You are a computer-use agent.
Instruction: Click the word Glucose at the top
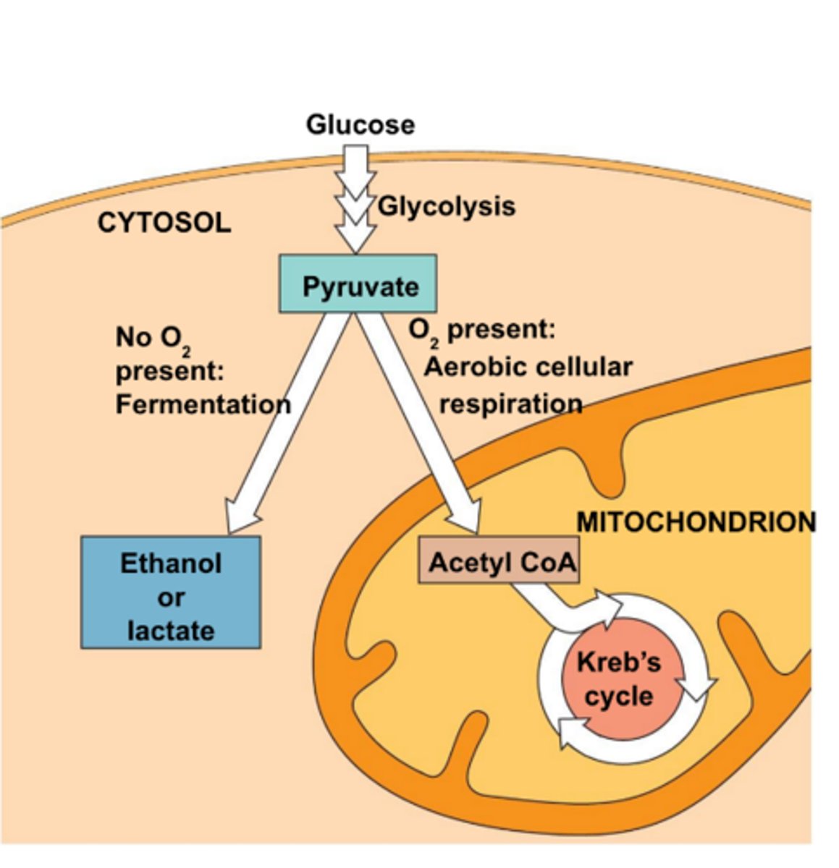pos(360,124)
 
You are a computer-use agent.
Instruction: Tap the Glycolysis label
pos(446,206)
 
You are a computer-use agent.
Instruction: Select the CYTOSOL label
pos(164,222)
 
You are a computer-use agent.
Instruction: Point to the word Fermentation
pos(203,404)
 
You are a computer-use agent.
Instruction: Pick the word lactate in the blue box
pos(171,630)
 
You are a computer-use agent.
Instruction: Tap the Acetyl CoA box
pos(499,561)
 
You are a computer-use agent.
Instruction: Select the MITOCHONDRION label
pos(696,522)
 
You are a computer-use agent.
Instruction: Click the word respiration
pos(510,404)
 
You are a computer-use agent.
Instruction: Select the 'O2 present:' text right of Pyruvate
pos(481,330)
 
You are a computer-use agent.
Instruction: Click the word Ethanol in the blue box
pos(171,563)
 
